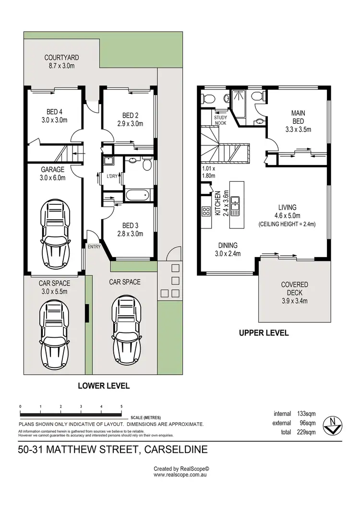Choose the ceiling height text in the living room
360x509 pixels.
point(287,224)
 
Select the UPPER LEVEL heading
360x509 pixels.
point(264,332)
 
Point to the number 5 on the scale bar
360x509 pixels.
point(121,406)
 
